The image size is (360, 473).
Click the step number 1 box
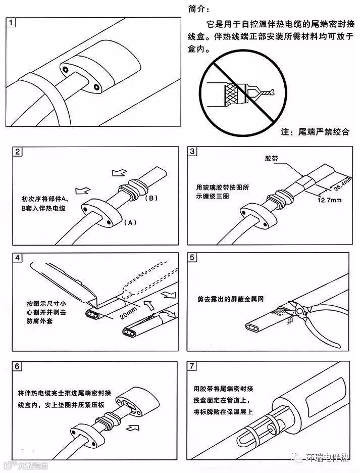13,23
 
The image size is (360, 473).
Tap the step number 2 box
18,152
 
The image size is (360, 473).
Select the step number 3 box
192,152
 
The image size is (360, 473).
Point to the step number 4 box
18,258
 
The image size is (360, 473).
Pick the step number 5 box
192,258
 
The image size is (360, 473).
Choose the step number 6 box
18,366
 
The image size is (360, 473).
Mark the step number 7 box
192,366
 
